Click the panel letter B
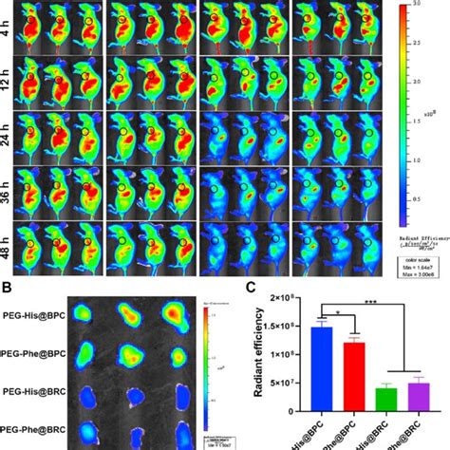[x=9, y=284]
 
